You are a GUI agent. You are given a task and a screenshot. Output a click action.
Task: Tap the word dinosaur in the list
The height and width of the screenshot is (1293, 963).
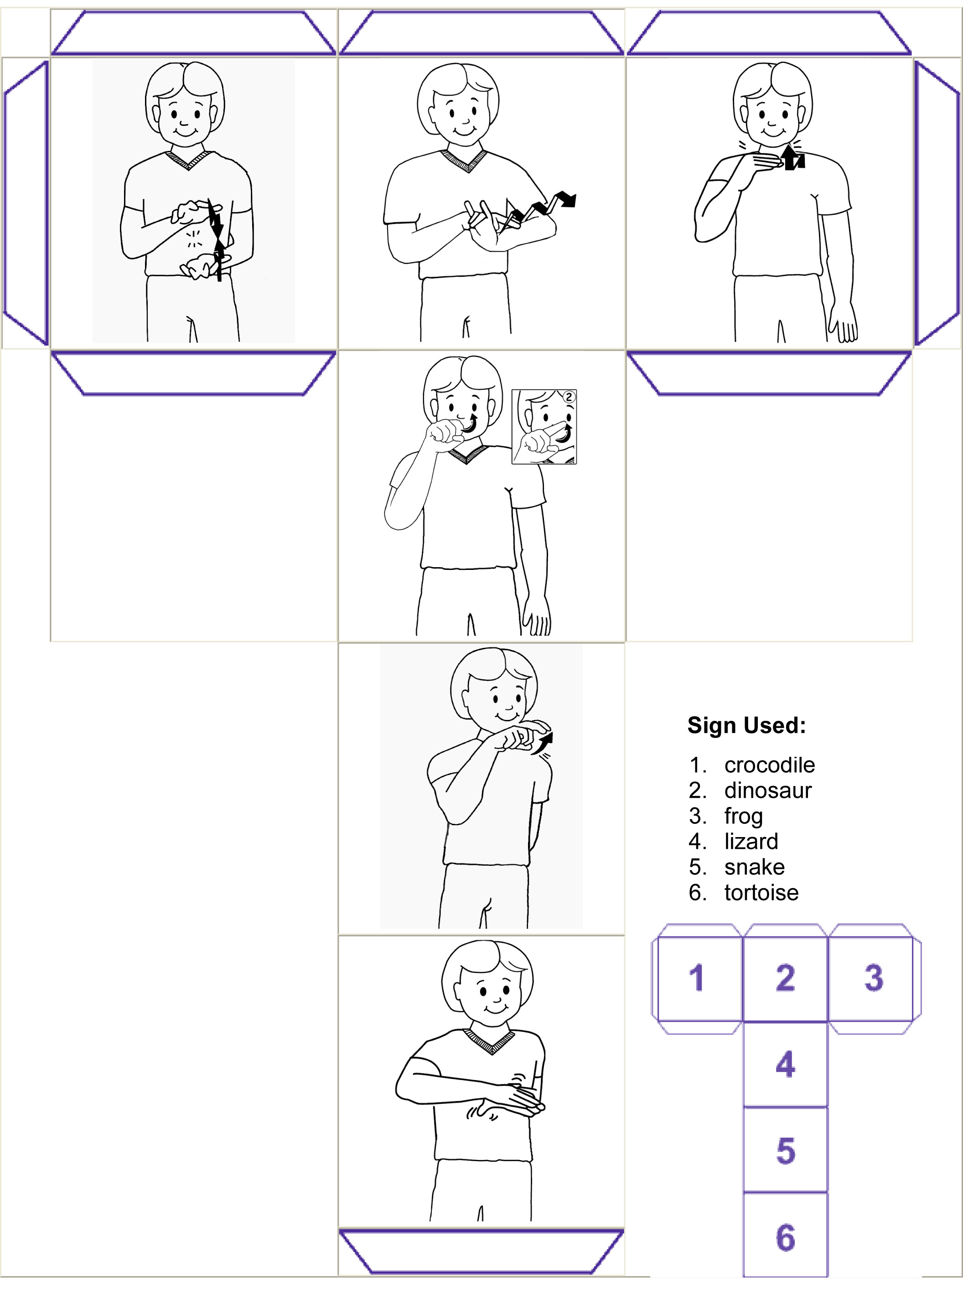coord(768,790)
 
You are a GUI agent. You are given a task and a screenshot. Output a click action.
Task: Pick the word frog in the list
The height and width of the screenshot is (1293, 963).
coord(743,817)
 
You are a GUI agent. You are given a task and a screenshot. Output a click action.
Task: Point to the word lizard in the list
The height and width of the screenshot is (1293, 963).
coord(751,841)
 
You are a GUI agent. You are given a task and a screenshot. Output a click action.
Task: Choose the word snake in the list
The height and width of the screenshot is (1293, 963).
coord(754,867)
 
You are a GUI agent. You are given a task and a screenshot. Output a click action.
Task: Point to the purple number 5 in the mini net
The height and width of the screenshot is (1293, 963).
coord(786,1151)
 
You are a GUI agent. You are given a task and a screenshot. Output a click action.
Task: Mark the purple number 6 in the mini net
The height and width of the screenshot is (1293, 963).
coord(785,1237)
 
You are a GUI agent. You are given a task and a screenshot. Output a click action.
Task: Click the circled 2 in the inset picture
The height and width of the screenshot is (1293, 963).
coord(568,398)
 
